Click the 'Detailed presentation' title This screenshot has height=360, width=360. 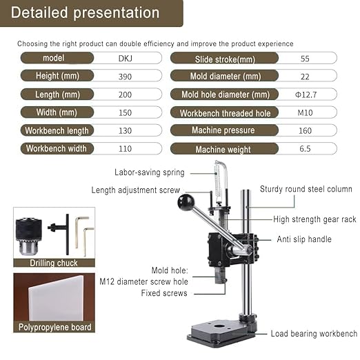[86, 12]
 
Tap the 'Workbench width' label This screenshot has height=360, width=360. [56, 148]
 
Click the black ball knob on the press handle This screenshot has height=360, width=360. [186, 202]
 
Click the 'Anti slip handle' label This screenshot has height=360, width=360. [304, 239]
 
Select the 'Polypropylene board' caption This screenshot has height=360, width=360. [55, 327]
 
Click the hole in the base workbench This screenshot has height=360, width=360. [220, 324]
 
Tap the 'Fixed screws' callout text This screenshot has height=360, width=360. [163, 293]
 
